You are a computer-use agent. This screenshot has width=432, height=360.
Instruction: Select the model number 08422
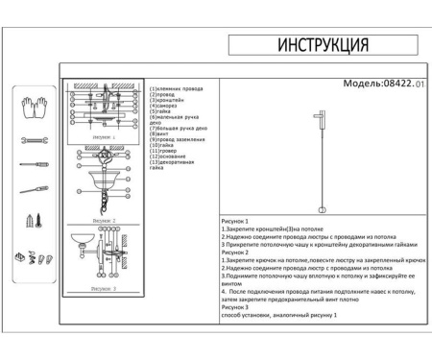pos(397,84)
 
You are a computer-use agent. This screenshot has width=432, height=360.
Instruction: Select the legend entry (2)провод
pos(163,94)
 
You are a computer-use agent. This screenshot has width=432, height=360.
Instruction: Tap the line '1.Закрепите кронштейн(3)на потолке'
pos(273,228)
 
